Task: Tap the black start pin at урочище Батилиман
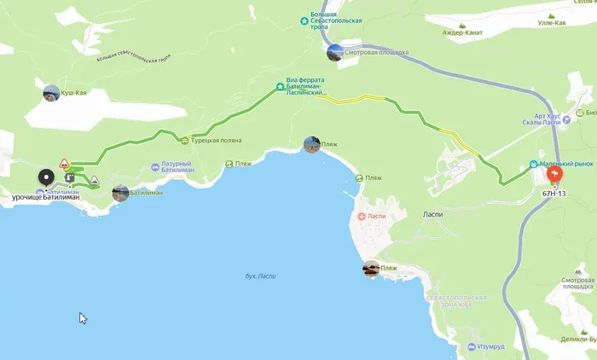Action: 46,179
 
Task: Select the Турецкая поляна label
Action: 217,141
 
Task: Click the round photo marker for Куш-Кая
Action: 51,92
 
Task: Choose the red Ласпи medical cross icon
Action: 362,217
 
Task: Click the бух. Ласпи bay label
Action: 261,276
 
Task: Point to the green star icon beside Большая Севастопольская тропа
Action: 304,20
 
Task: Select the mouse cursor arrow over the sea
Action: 83,317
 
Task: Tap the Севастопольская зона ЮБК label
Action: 458,302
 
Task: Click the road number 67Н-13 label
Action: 554,194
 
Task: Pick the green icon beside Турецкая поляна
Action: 184,141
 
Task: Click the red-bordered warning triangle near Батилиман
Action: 64,163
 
